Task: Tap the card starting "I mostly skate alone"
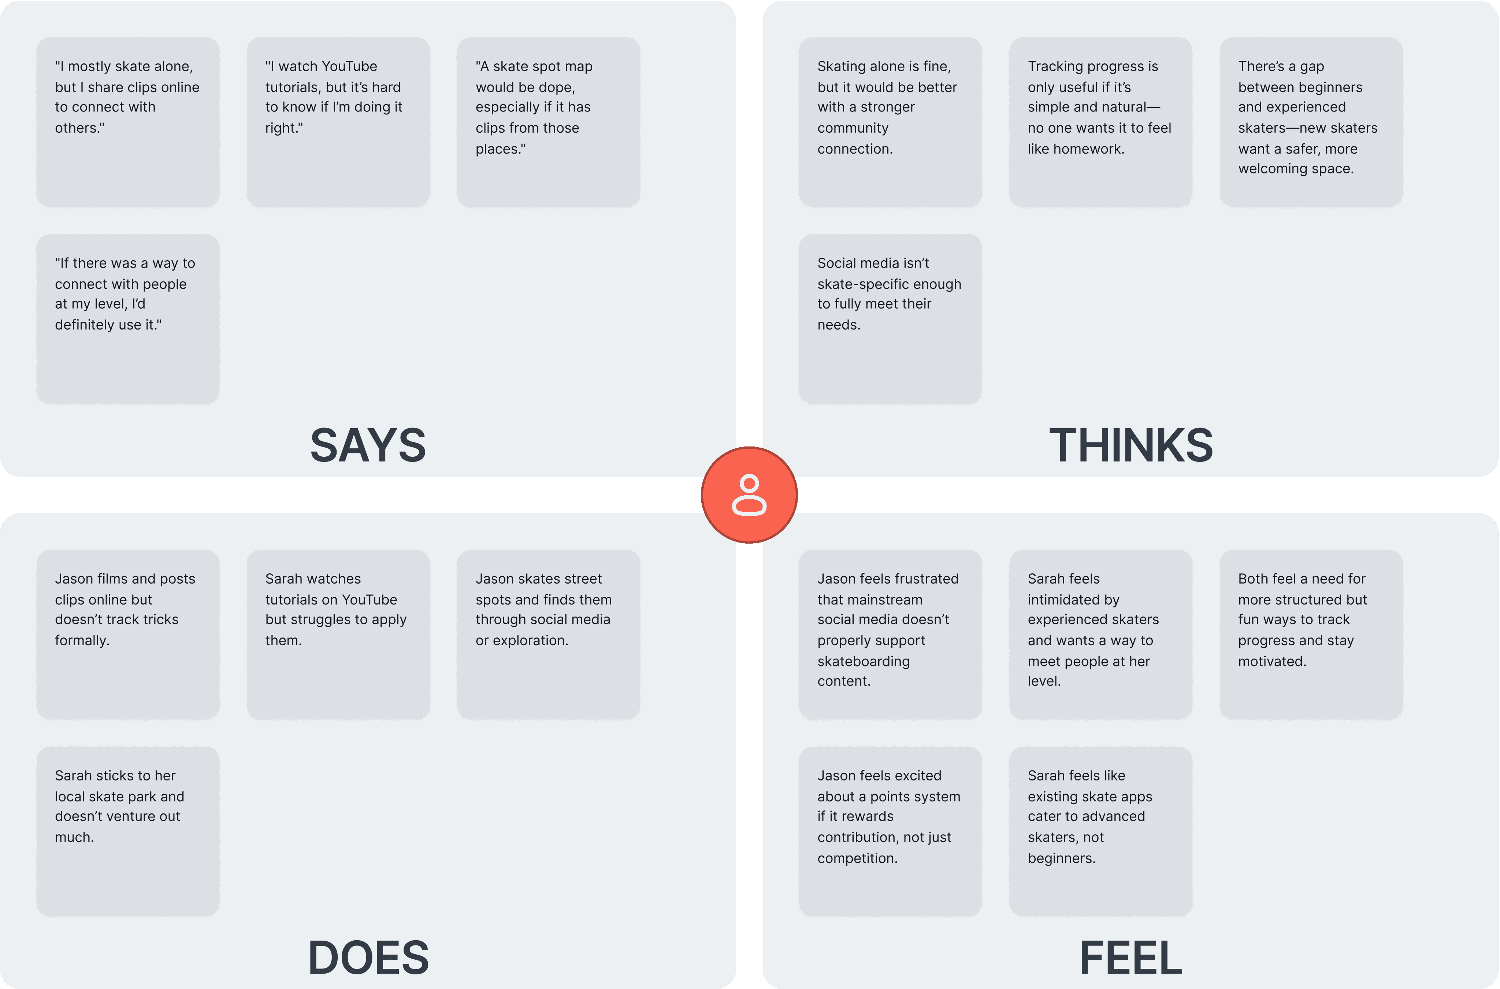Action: coord(128,122)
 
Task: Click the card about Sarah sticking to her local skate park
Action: coord(128,831)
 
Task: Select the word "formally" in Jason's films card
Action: coord(82,640)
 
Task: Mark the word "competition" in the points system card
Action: coord(857,858)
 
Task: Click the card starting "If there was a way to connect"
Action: coord(128,319)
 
